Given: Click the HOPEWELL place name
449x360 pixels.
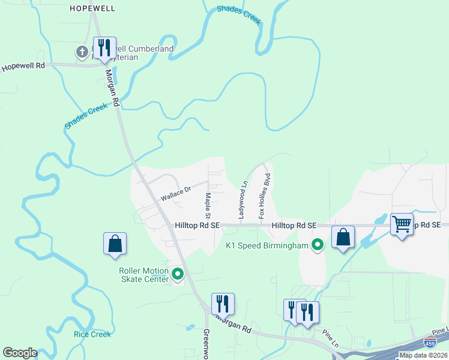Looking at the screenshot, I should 92,8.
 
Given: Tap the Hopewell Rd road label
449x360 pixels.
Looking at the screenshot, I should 23,67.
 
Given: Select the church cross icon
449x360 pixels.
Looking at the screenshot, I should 82,52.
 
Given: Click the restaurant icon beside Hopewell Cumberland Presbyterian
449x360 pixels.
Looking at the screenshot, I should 104,48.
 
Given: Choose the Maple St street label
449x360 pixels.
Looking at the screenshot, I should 208,205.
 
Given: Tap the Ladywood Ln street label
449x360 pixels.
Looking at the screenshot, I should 243,200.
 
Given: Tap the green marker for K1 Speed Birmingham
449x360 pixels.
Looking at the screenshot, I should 317,245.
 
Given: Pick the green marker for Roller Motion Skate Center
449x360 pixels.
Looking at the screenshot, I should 178,275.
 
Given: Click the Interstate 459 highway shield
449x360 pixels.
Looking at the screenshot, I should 430,343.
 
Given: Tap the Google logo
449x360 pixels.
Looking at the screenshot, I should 19,353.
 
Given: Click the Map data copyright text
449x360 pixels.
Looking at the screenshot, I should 423,355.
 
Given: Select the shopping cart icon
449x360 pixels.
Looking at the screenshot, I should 402,224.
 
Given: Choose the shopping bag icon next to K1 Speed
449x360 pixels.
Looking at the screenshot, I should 343,237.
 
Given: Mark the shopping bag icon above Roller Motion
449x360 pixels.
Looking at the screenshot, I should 115,244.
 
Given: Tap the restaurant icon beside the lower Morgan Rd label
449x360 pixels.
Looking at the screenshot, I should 223,304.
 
